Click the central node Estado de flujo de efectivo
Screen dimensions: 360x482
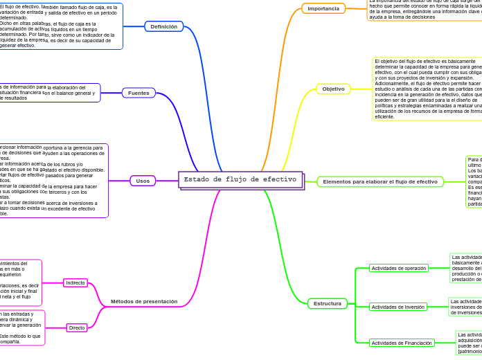(240, 180)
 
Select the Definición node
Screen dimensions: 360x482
(164, 27)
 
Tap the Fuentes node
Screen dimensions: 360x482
(139, 93)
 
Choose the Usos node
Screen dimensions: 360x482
(143, 181)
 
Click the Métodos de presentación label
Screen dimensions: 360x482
(144, 301)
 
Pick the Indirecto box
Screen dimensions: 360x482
(75, 282)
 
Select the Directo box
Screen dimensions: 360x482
(77, 327)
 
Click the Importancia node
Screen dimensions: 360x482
(323, 9)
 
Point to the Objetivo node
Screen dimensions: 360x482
(334, 89)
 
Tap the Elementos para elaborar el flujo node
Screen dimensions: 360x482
(380, 181)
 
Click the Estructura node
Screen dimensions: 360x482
(328, 303)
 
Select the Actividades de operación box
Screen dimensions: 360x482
(399, 268)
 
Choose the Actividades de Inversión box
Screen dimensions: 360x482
(398, 307)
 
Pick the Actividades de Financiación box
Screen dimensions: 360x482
(402, 343)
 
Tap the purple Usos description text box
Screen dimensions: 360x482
(53, 181)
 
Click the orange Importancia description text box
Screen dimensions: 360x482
(425, 10)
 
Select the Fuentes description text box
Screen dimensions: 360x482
(49, 93)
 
